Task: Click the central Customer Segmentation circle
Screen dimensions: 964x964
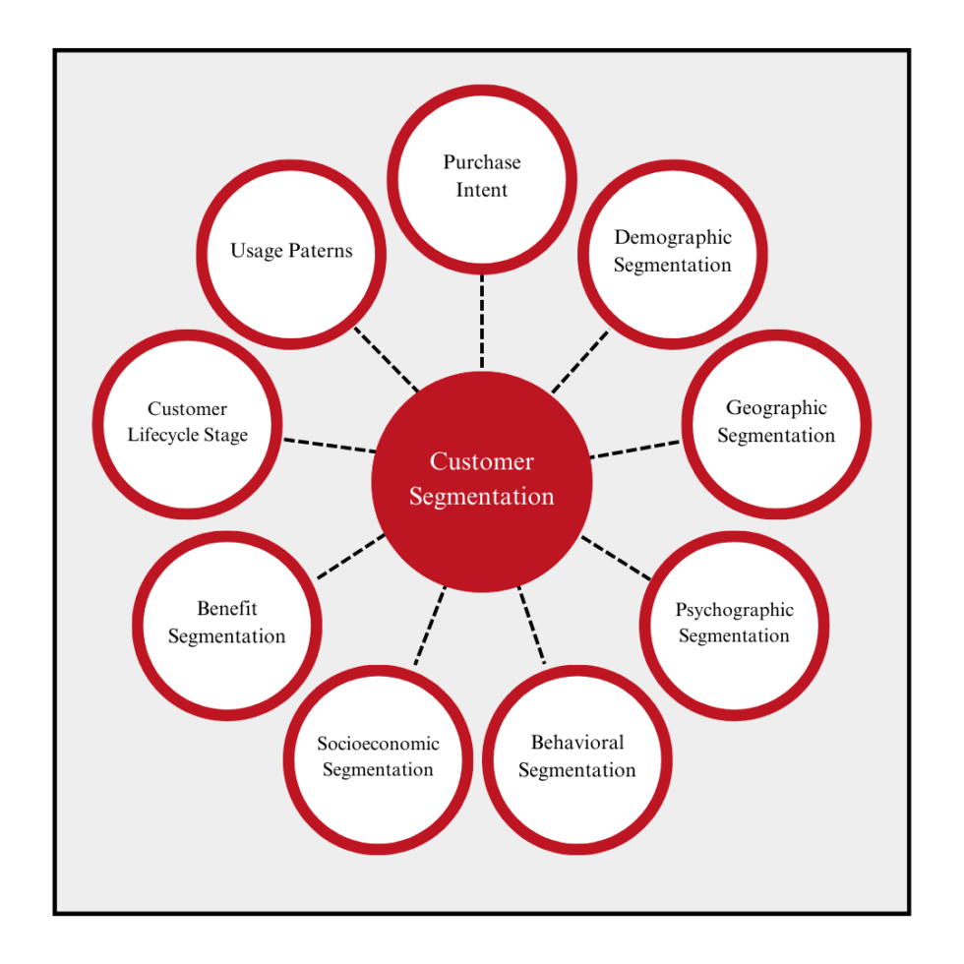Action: (481, 481)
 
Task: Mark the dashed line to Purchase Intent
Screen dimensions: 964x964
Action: (482, 321)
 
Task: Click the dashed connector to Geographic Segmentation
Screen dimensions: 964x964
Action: (635, 450)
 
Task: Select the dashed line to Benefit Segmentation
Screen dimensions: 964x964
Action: (350, 556)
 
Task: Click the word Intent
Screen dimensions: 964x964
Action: (482, 189)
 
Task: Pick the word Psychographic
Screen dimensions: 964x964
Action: (734, 610)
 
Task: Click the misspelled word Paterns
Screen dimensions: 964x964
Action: (321, 251)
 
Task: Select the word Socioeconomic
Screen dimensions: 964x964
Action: (378, 744)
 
